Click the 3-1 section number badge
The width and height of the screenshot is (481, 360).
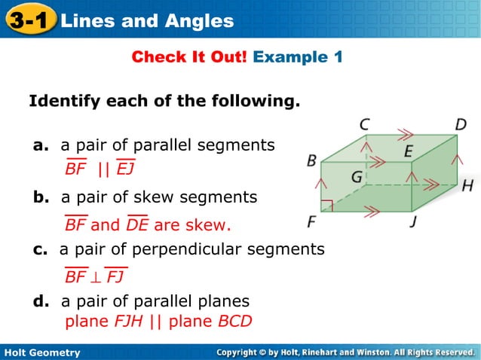click(x=29, y=20)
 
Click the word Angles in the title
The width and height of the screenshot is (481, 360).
click(x=199, y=21)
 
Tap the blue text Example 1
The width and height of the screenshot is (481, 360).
click(x=298, y=57)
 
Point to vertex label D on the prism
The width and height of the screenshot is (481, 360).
click(x=461, y=124)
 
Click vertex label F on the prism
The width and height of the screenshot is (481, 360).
click(x=311, y=223)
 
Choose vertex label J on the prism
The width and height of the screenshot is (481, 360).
click(x=413, y=223)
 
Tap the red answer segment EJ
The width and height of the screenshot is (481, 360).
click(x=125, y=169)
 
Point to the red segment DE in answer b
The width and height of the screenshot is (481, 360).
click(x=137, y=225)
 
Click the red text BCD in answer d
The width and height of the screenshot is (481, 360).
click(x=234, y=322)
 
